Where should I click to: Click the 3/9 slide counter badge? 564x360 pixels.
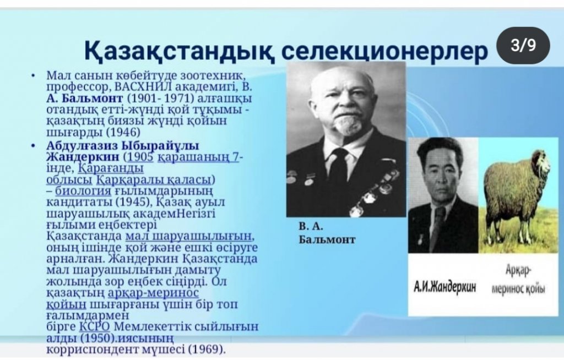(523, 46)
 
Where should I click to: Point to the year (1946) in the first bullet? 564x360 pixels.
(123, 132)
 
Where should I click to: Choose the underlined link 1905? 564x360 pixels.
(140, 157)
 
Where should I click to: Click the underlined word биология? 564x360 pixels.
(83, 191)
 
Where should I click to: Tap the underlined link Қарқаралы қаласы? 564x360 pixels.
(154, 179)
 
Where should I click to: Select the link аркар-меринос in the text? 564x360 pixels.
(153, 293)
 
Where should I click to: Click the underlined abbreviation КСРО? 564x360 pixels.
(94, 326)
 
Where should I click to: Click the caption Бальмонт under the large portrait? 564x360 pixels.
(327, 239)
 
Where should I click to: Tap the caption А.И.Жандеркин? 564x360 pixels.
(444, 287)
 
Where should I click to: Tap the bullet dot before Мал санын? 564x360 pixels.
(33, 76)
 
